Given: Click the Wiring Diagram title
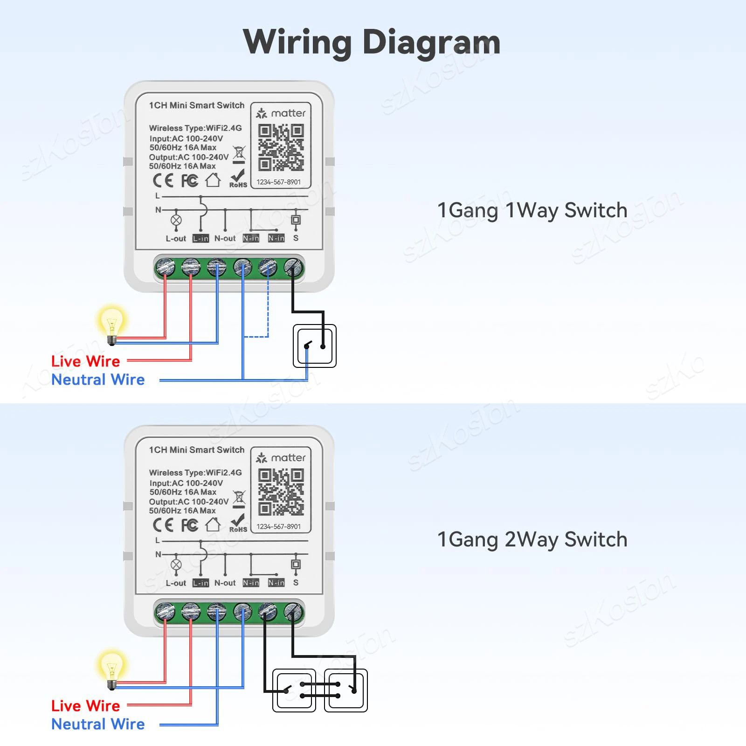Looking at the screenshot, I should pos(372,42).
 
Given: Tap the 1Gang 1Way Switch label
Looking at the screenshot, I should pos(532,210).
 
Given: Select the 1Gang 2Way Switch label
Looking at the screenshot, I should pos(532,539).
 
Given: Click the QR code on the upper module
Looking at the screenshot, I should pos(281,147).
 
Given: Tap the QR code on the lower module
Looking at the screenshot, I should pos(281,492).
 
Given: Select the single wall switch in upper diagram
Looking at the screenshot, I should pos(315,346).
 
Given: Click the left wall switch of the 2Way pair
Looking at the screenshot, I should pos(294,691).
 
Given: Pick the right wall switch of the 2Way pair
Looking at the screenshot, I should pos(346,691).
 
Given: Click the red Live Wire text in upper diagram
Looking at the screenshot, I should pos(85,361).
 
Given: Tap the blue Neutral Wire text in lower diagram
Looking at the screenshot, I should pos(98,724).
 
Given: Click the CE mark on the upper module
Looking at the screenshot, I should pos(163,180).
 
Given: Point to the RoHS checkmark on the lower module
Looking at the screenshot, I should pos(238,523).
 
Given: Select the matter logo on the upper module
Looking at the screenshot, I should pos(281,113).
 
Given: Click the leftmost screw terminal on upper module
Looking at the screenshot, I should pos(165,268).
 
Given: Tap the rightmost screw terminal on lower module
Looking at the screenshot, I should pos(293,612).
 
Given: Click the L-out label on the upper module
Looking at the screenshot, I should pos(176,239).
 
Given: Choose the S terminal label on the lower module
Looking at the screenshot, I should pos(296,583).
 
